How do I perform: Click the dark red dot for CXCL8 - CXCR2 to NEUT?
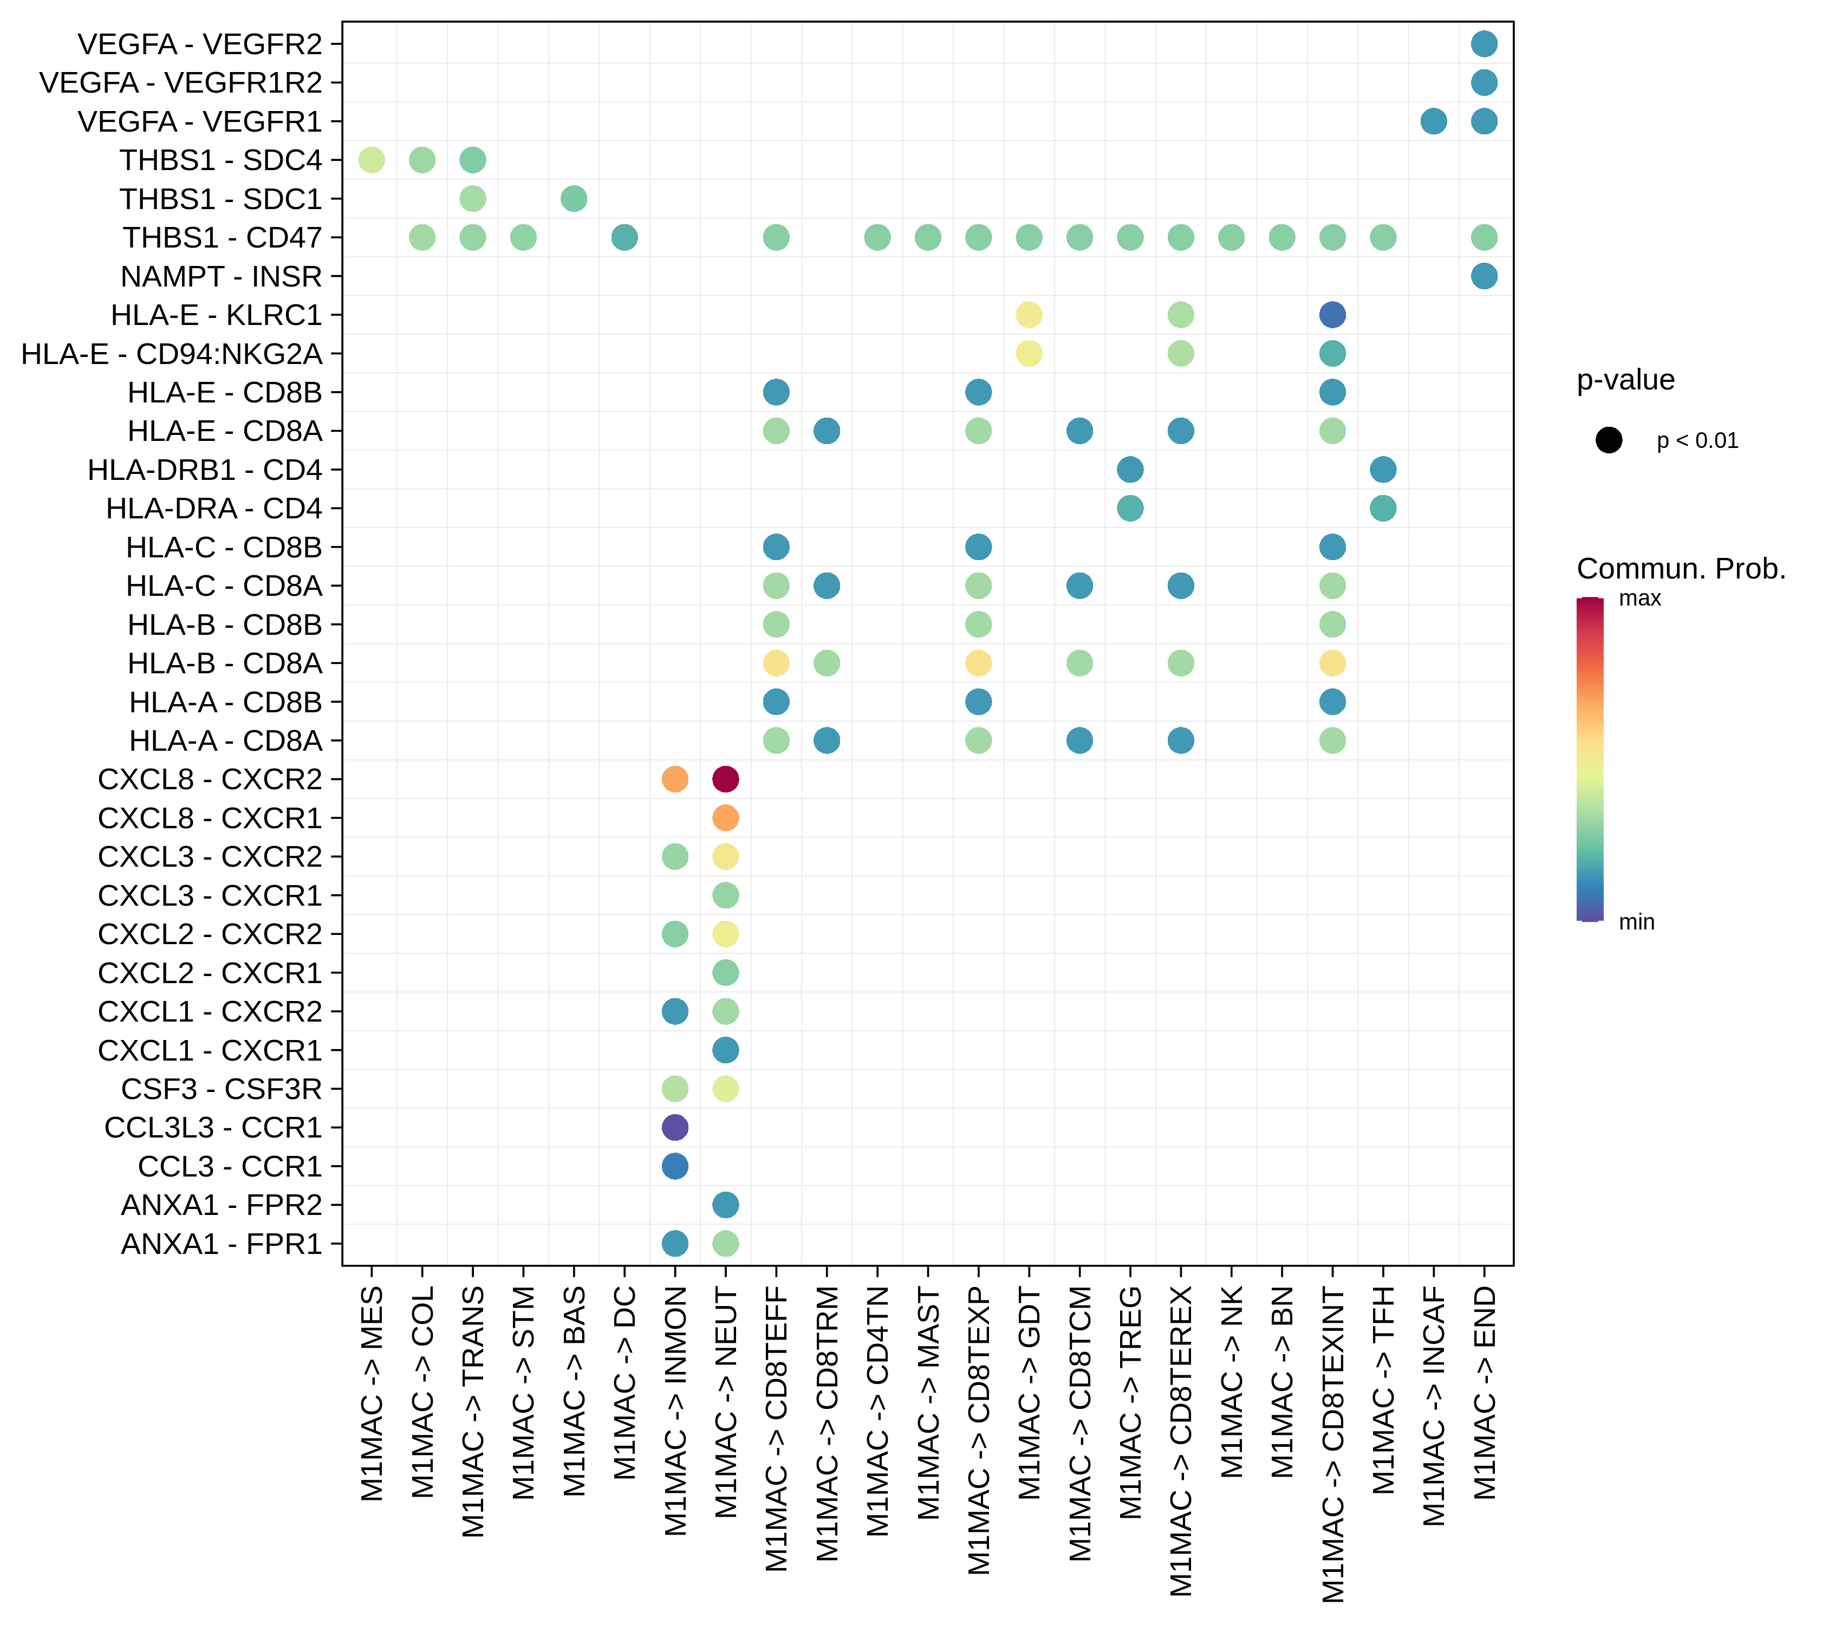coord(725,779)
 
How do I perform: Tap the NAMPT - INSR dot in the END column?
coord(1484,276)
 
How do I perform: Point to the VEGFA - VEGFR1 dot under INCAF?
coord(1434,121)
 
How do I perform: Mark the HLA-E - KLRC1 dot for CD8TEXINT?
coord(1332,315)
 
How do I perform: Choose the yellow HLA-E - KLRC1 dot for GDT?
coord(1030,315)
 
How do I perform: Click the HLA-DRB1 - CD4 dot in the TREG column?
coord(1130,470)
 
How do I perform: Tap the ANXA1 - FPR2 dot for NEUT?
coord(725,1205)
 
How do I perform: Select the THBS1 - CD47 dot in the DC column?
coord(624,238)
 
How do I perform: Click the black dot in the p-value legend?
coord(1609,440)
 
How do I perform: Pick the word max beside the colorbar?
coord(1640,599)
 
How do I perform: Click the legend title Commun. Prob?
coord(1681,569)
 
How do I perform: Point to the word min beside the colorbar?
coord(1637,922)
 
